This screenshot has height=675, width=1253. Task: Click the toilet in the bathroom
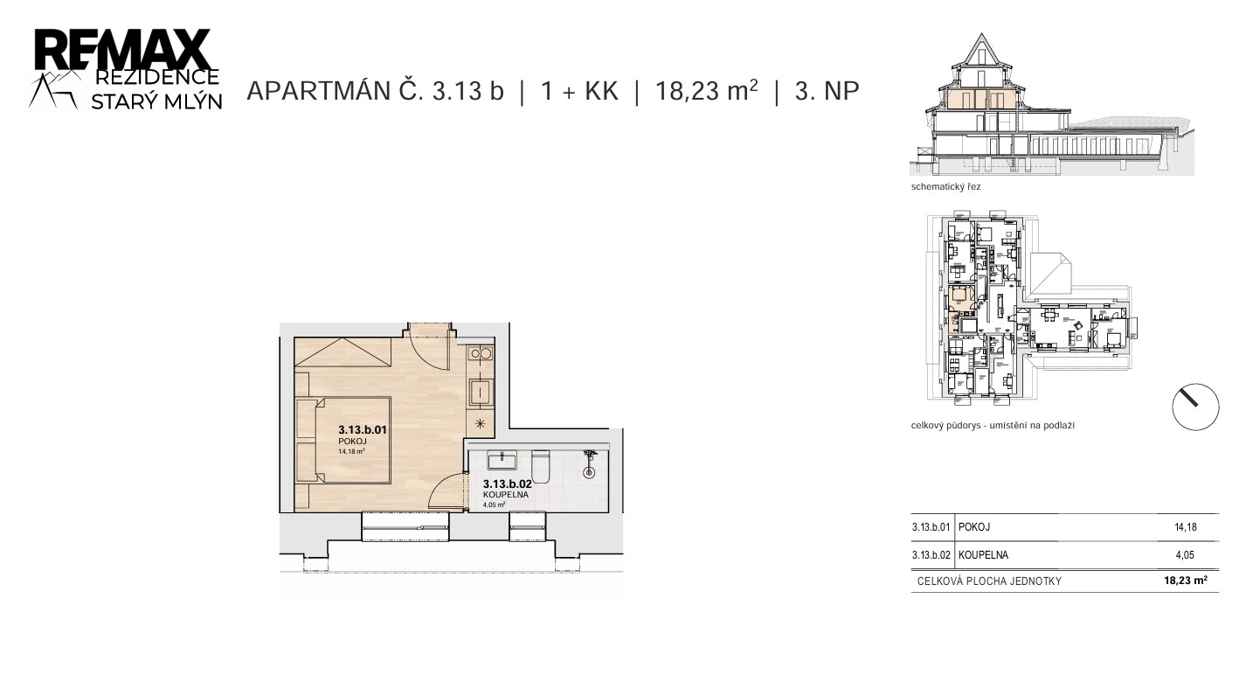click(540, 466)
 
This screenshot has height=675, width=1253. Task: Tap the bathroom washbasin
click(502, 460)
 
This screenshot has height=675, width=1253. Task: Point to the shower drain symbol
click(588, 473)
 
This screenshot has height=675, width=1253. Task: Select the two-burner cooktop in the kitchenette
click(481, 354)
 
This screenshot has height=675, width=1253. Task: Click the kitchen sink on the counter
click(481, 392)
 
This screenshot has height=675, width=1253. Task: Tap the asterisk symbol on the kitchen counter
click(480, 424)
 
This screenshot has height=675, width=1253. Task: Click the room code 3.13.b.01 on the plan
click(363, 430)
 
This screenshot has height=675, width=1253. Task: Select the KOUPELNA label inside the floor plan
click(506, 495)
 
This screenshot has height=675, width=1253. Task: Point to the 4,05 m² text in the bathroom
click(494, 505)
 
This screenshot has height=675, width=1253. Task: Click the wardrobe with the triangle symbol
click(343, 352)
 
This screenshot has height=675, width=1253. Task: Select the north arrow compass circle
click(1195, 407)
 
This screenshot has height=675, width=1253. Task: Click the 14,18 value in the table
click(1186, 526)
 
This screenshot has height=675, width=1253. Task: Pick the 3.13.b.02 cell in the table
click(931, 555)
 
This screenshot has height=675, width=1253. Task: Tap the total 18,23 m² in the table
click(1186, 581)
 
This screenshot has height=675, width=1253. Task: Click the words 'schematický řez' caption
click(946, 187)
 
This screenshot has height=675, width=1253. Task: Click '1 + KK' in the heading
click(579, 91)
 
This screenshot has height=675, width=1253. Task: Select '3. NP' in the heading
click(827, 91)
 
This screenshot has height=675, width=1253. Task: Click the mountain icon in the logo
click(53, 89)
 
